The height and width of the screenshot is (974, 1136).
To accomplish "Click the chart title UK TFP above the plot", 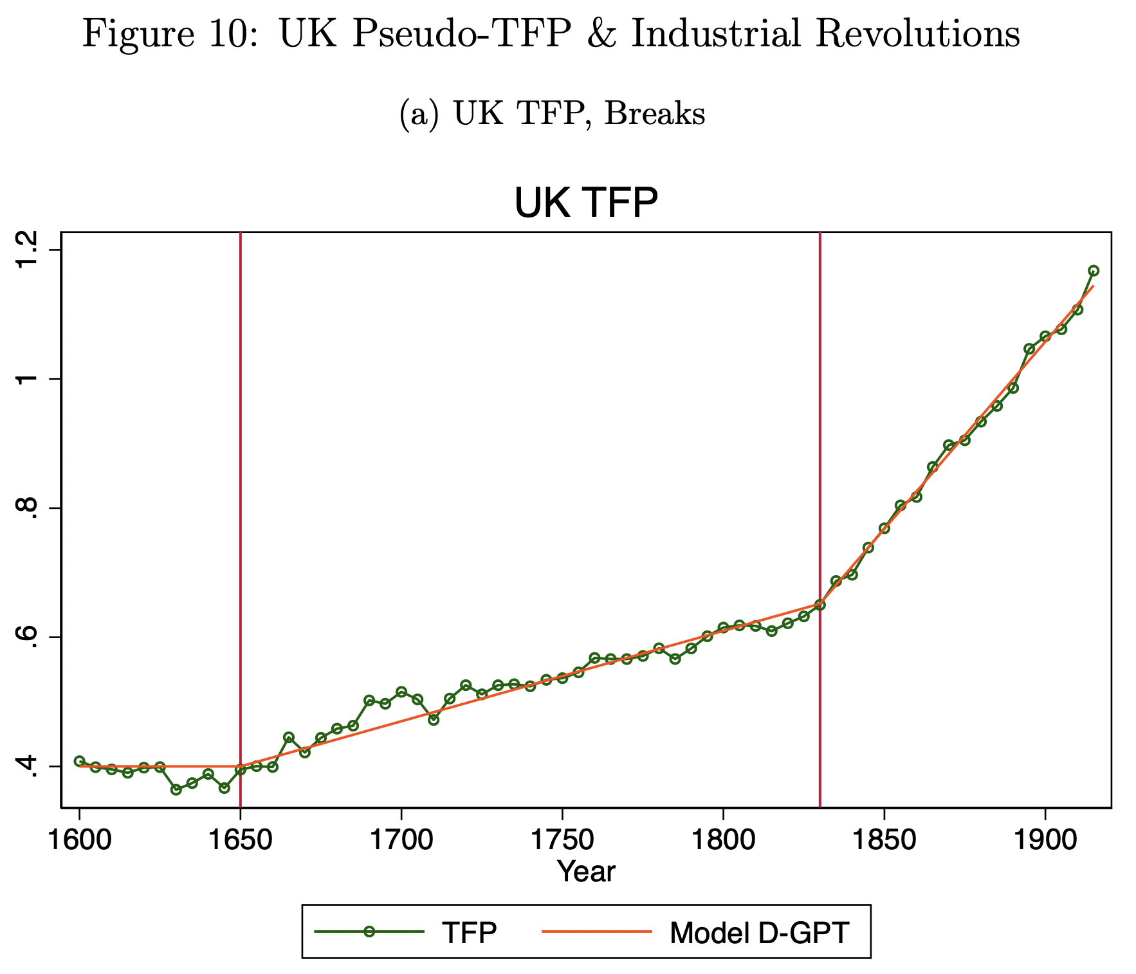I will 586,204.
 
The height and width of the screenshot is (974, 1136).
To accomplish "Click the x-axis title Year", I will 586,872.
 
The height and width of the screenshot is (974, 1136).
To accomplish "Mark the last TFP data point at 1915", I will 1093,270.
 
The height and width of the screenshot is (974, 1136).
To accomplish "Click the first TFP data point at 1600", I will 80,761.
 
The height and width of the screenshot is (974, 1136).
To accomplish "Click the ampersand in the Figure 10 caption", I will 600,34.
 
